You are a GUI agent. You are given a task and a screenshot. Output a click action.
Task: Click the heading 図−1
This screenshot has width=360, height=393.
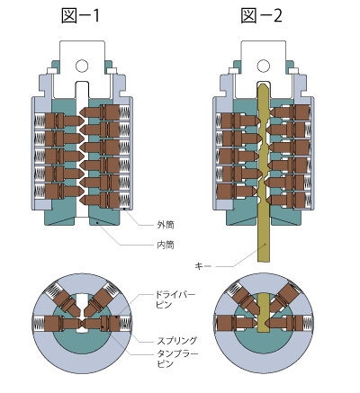pyautogui.click(x=80, y=16)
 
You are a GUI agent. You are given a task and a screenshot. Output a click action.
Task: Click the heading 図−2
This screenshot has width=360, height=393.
pyautogui.click(x=262, y=16)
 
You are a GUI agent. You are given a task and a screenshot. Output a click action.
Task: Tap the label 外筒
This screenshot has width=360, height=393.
pyautogui.click(x=166, y=225)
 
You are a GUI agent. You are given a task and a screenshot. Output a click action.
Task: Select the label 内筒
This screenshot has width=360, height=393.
pyautogui.click(x=166, y=246)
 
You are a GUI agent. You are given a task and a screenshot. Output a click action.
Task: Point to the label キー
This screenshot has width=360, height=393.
pyautogui.click(x=203, y=266)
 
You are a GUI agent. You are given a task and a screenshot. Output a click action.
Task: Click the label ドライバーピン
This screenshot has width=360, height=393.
pyautogui.click(x=175, y=299)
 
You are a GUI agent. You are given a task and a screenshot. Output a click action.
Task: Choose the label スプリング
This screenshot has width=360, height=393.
pyautogui.click(x=177, y=341)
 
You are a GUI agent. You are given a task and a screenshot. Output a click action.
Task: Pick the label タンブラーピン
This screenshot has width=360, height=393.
pyautogui.click(x=177, y=359)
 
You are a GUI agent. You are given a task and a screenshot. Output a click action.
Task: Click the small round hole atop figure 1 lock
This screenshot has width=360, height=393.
pyautogui.click(x=82, y=66)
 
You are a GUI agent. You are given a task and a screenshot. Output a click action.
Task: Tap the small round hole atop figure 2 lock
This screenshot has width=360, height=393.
pyautogui.click(x=263, y=66)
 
